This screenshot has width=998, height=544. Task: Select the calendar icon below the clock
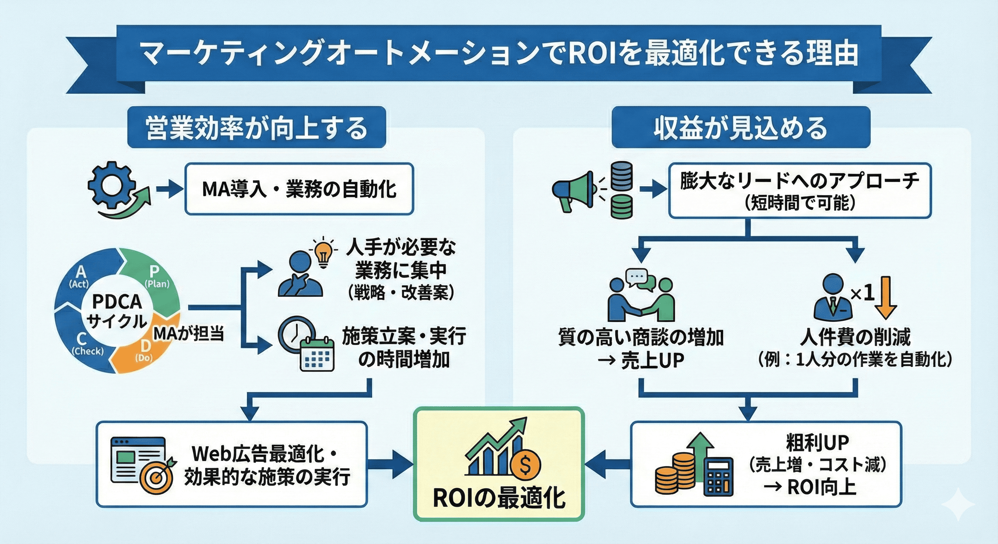tap(317, 354)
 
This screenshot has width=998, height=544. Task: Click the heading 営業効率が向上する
tap(257, 128)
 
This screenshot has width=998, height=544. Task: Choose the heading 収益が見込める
tap(740, 128)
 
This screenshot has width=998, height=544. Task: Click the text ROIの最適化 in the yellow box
tap(499, 498)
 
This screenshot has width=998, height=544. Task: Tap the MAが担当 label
tap(189, 333)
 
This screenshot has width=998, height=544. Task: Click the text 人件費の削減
tap(855, 337)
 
